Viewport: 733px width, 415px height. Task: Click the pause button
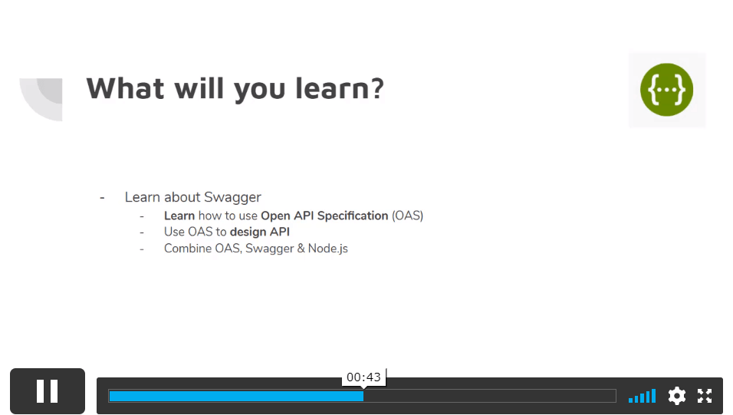coord(48,391)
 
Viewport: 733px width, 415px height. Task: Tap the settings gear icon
coord(676,396)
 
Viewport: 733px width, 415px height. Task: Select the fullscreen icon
coord(705,396)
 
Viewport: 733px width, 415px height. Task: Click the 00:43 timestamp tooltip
coord(363,377)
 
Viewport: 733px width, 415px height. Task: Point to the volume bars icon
coord(643,396)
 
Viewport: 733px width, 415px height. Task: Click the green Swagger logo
coord(666,90)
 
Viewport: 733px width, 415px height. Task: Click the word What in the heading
coord(125,88)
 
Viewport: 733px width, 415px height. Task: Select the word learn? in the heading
coord(340,88)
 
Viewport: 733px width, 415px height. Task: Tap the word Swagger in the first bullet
coord(232,197)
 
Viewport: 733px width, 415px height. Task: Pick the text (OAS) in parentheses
coord(407,216)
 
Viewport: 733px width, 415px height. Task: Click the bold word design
coord(248,232)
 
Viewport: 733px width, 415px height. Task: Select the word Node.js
coord(327,249)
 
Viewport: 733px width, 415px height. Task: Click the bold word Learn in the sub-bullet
coord(179,216)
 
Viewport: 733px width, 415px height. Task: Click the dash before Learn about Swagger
coord(102,198)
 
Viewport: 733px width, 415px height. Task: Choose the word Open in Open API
coord(275,216)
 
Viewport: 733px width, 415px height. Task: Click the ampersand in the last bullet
coord(301,249)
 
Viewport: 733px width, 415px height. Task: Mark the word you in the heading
coord(259,90)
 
